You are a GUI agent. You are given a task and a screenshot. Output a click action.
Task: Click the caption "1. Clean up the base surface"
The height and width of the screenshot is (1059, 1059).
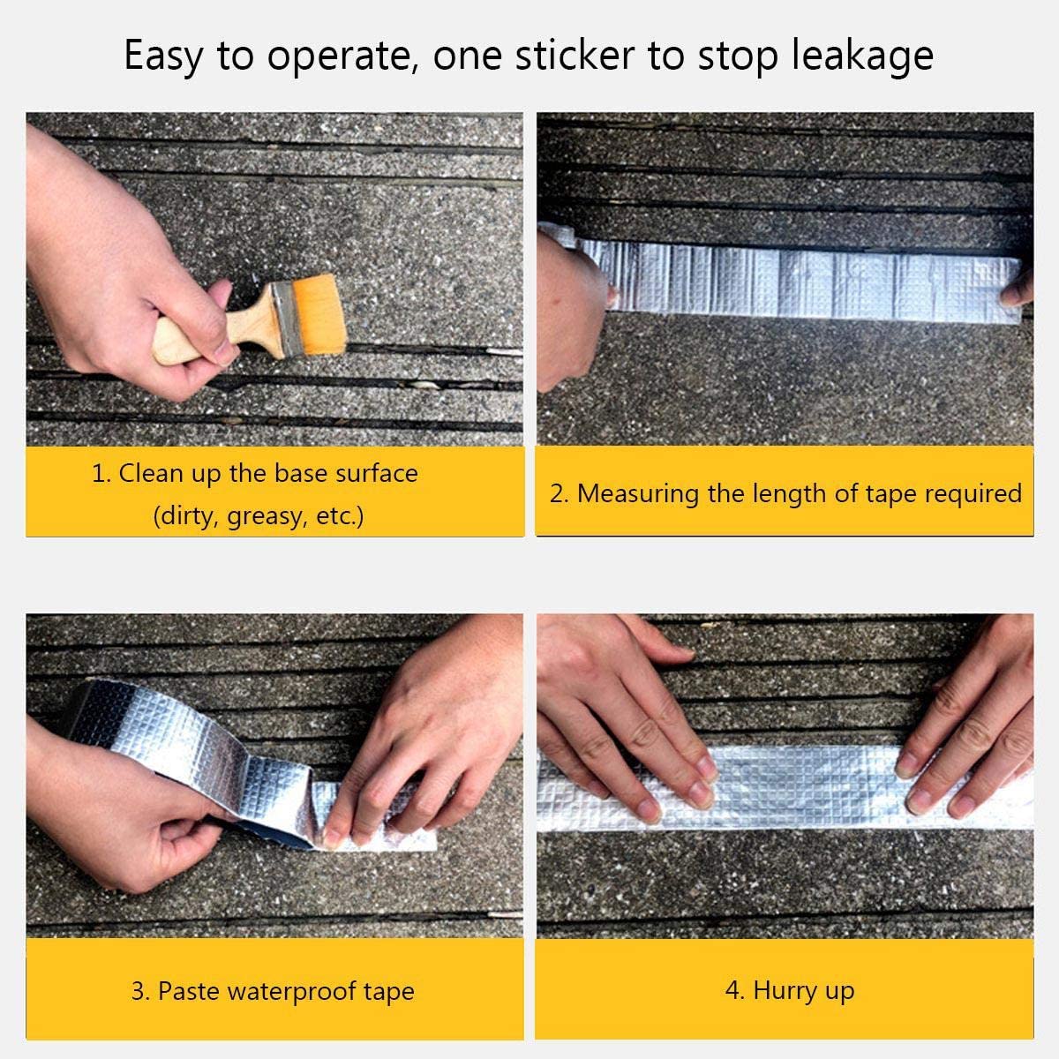click(x=255, y=474)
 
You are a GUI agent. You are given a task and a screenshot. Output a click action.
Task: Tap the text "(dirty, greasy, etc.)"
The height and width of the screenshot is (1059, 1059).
click(x=258, y=516)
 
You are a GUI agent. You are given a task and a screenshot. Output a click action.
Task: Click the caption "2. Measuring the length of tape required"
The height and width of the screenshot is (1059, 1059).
click(x=785, y=493)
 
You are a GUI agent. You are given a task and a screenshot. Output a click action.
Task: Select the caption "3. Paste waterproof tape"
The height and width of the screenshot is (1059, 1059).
click(x=273, y=991)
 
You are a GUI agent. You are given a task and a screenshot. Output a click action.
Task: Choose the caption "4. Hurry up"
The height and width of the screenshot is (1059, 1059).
click(x=789, y=991)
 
